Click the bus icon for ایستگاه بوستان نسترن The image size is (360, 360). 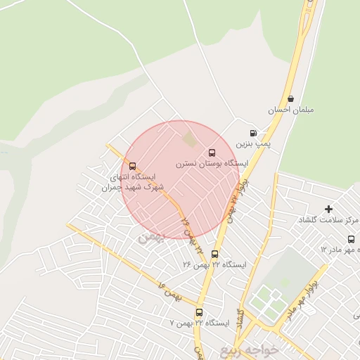(212, 153)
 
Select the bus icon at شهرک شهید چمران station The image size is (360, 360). (133, 167)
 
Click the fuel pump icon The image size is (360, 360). (253, 133)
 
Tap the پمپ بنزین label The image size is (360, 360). (252, 143)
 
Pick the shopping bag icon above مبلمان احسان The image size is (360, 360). (291, 99)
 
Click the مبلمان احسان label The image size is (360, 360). (290, 110)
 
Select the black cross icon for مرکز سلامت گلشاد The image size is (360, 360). (328, 209)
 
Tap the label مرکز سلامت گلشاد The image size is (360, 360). (328, 220)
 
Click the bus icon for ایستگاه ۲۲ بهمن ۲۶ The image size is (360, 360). (214, 255)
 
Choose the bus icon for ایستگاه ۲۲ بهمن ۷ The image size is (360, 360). (199, 312)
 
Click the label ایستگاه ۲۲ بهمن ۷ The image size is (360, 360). (200, 323)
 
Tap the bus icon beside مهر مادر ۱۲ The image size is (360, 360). (351, 239)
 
